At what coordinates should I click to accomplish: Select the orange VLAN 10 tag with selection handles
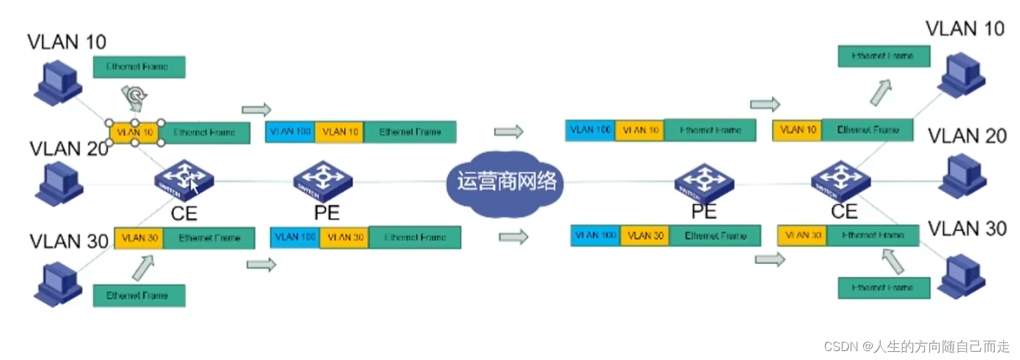tap(135, 132)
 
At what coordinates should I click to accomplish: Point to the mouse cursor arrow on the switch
tap(195, 186)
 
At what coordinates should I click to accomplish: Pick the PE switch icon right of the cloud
tap(703, 181)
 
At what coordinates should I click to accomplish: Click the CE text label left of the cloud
tap(184, 213)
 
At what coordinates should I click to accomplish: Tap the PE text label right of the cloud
tap(704, 211)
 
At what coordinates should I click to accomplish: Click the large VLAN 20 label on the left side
tap(69, 149)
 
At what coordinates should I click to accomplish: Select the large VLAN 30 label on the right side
tap(967, 229)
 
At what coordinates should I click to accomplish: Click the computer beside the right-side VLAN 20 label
tap(964, 177)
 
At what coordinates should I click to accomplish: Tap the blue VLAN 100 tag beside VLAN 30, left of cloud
tap(295, 237)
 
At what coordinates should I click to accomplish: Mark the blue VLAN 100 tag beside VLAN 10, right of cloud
tap(590, 130)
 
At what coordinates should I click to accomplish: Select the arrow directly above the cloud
tap(508, 131)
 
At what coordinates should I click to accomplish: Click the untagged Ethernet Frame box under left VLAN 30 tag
tap(139, 296)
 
